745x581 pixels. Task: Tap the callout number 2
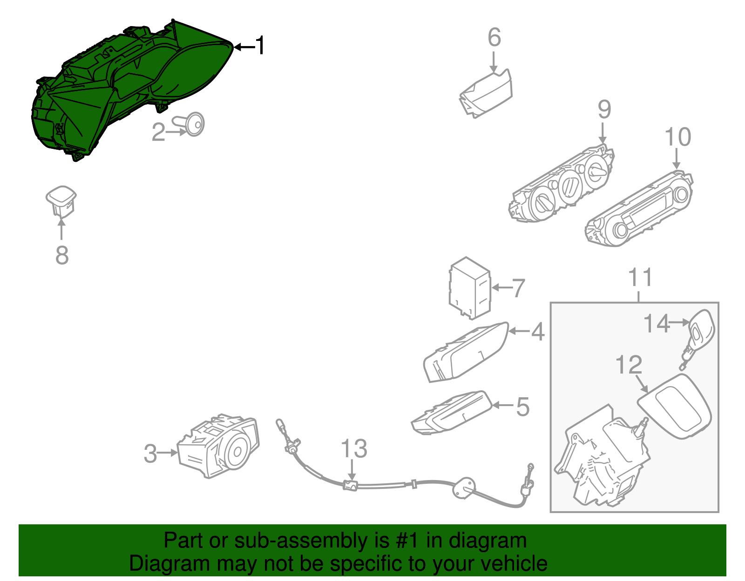tap(158, 132)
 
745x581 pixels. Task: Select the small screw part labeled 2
tap(193, 124)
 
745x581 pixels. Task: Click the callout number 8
tap(62, 255)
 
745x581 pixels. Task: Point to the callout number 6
tap(494, 38)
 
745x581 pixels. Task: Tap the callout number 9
tap(604, 109)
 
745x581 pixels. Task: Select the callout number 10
tap(677, 137)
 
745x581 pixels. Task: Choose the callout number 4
tap(538, 332)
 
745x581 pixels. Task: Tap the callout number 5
tap(523, 407)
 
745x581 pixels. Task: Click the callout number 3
tap(150, 454)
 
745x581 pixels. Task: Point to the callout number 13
tap(354, 449)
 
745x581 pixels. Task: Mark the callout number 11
tap(640, 278)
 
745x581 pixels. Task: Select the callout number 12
tap(629, 365)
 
